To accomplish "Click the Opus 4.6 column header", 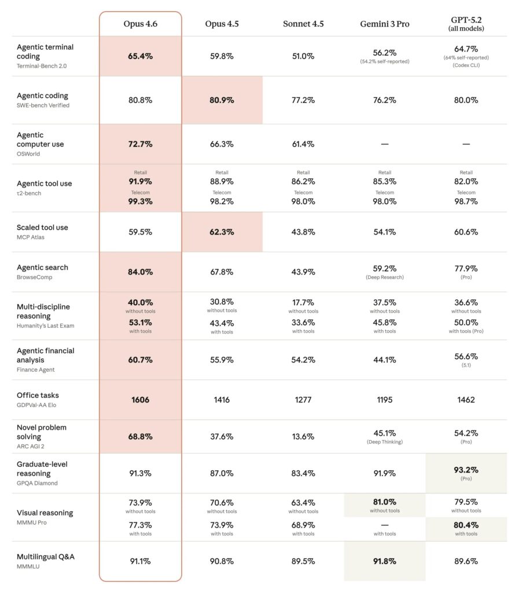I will (140, 24).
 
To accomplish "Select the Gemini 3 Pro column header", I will (385, 24).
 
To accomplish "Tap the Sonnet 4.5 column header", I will (303, 24).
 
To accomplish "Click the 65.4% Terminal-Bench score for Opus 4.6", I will (140, 56).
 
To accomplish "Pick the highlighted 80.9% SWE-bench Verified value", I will (222, 100).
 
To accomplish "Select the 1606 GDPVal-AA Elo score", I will (140, 400).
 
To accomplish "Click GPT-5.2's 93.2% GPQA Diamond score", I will (466, 470).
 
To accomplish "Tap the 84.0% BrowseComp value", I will (140, 272).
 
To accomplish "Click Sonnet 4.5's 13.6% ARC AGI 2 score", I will (303, 437).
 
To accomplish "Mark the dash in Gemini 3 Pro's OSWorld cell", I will (385, 144).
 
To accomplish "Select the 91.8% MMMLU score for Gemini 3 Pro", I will (385, 561).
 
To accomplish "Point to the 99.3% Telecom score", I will (140, 202).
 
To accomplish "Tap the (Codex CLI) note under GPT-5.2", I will (466, 65).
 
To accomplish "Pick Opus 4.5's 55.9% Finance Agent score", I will (222, 360).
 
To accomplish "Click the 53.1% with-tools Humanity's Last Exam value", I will (140, 322).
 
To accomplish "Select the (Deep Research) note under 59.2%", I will (385, 277).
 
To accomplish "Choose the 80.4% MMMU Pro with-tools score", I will (466, 525).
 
